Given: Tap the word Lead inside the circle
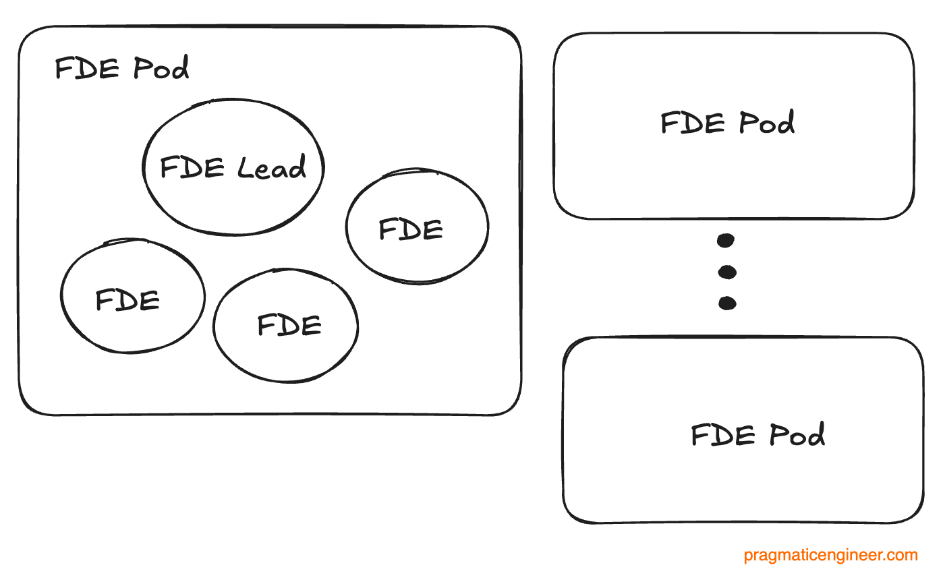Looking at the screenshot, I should coord(272,167).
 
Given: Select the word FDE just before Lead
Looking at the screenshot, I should coord(192,167).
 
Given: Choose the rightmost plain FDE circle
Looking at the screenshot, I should coord(417,226).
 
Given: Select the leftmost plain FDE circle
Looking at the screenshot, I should coord(132,296).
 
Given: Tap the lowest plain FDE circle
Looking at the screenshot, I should coord(285,326).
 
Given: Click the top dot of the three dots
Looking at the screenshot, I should coord(726,240).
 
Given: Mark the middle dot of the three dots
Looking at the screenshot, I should coord(727,272).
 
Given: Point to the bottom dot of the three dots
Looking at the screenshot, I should coord(727,303).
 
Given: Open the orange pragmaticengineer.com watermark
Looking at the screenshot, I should coord(830,556).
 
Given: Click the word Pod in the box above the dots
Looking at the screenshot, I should coord(766,123).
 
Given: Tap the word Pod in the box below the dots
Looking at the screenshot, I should coord(797,435).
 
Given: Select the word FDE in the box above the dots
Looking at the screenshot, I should coord(693,123).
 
